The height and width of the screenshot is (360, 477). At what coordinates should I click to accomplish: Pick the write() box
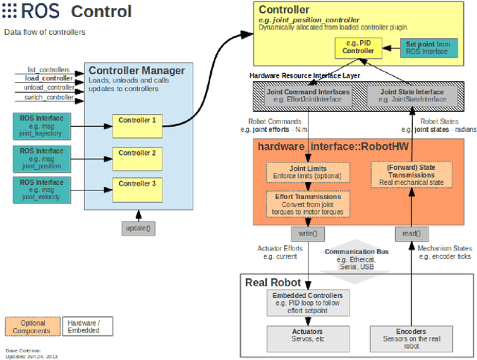pos(307,233)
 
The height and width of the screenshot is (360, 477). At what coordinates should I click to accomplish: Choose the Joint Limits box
pos(307,172)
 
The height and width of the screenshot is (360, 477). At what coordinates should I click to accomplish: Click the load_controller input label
pos(49,78)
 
